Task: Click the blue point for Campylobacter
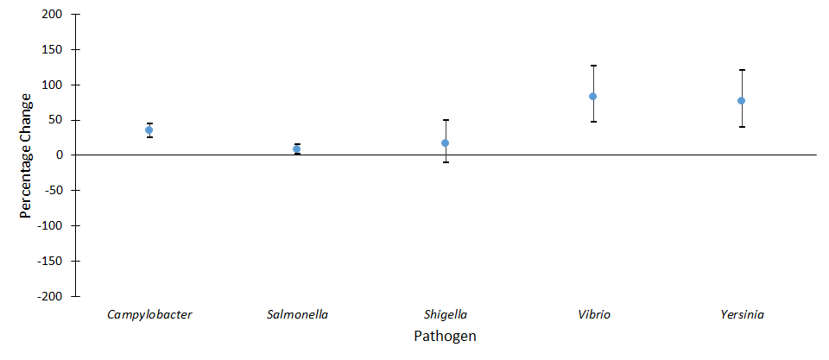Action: pyautogui.click(x=149, y=130)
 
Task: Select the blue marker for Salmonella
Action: pyautogui.click(x=297, y=149)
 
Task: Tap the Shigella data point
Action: pyautogui.click(x=446, y=143)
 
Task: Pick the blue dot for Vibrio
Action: pyautogui.click(x=593, y=97)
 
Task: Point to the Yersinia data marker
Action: pyautogui.click(x=742, y=101)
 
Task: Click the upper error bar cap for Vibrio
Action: pyautogui.click(x=593, y=66)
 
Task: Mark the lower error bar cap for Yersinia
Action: pyautogui.click(x=742, y=127)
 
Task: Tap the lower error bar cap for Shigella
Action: pyautogui.click(x=446, y=162)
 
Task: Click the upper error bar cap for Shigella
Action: pyautogui.click(x=446, y=120)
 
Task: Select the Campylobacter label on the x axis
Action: pyautogui.click(x=149, y=314)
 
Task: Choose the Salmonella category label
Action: pyautogui.click(x=297, y=314)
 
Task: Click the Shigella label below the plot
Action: pyautogui.click(x=446, y=314)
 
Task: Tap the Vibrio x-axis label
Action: pyautogui.click(x=593, y=314)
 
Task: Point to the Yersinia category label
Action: pyautogui.click(x=742, y=314)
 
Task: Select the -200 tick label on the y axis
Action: pyautogui.click(x=49, y=296)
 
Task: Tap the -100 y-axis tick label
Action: pyautogui.click(x=49, y=225)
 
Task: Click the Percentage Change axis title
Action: pyautogui.click(x=26, y=155)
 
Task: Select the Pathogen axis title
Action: pyautogui.click(x=445, y=336)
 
